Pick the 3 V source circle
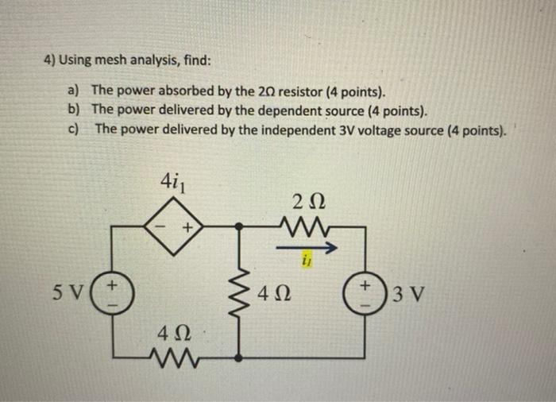pyautogui.click(x=365, y=289)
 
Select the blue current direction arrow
pyautogui.click(x=305, y=248)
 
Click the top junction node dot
pyautogui.click(x=241, y=227)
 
